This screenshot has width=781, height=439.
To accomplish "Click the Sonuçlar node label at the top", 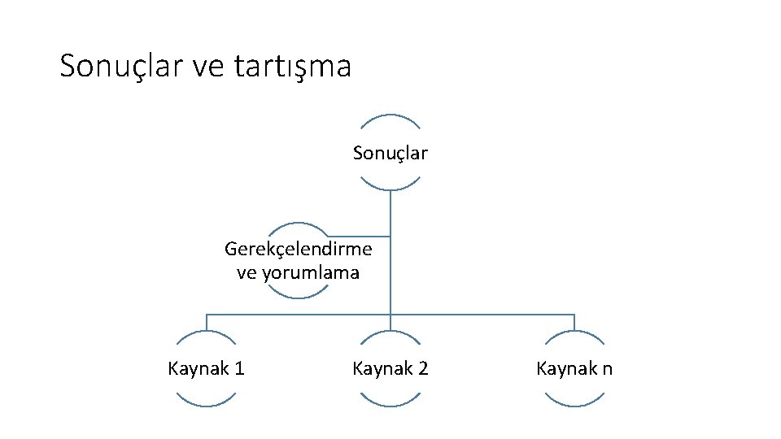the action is pos(390,153).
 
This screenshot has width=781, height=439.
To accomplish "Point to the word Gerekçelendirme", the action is pos(299,247).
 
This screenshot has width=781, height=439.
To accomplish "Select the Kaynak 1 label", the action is pos(207,369).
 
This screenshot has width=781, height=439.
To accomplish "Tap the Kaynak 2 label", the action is pos(390,369).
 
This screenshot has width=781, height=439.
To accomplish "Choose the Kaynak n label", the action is pos(574,369).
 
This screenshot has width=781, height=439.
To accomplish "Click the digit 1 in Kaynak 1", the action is pos(239,369).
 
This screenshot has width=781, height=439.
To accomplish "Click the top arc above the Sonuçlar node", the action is pos(390,116).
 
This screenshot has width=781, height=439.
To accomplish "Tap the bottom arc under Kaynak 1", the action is pos(207,404).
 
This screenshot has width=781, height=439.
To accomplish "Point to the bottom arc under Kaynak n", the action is pos(574,404).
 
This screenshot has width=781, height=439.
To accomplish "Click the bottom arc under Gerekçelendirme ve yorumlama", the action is pos(299,296).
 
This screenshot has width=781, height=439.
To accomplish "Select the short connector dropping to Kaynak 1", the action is pos(207,323).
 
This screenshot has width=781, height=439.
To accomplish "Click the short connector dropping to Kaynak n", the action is pos(574,323).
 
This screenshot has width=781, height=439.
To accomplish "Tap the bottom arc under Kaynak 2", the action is pos(390,404).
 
